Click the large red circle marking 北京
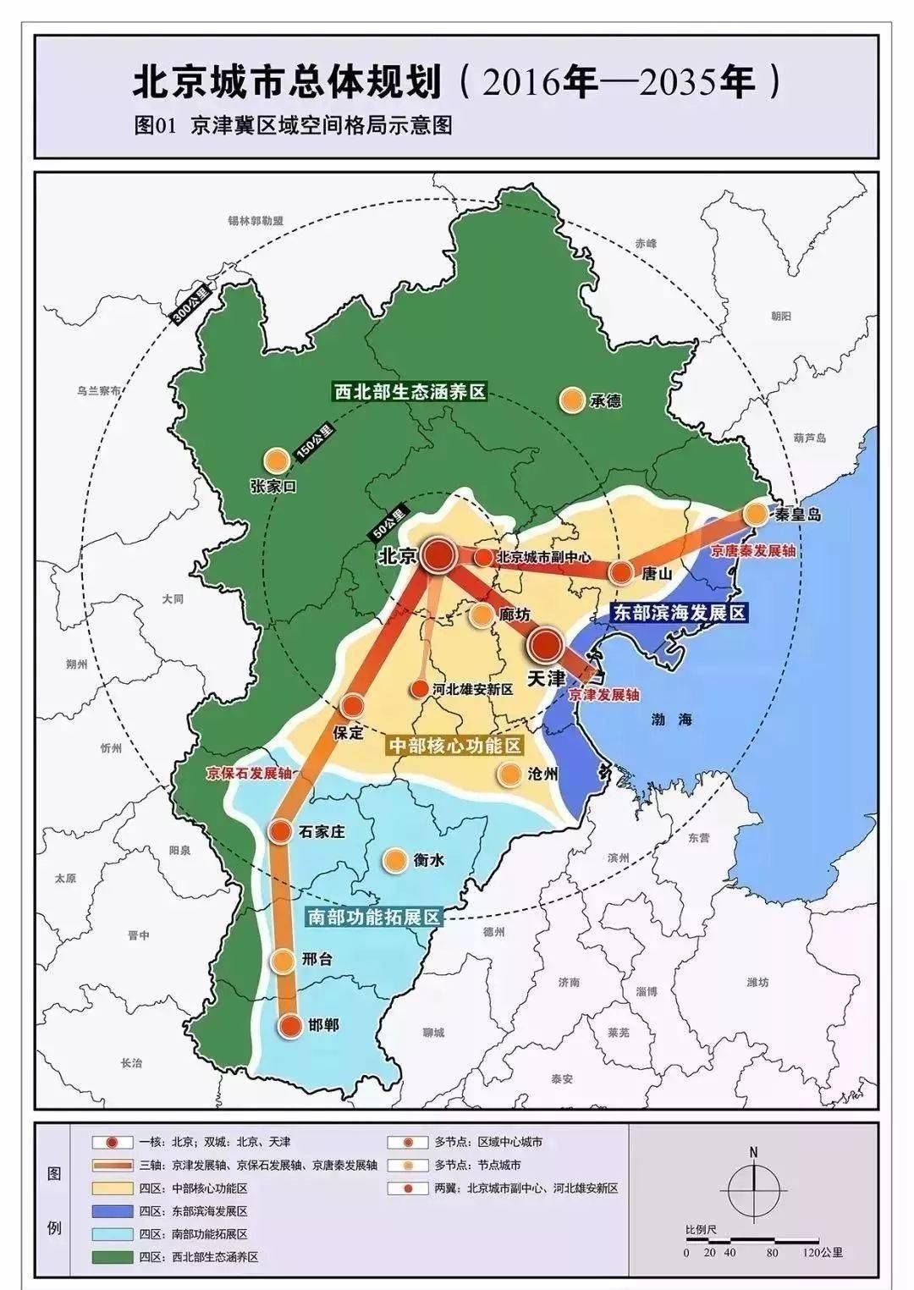[439, 555]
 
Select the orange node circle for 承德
[572, 399]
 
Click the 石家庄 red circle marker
[280, 831]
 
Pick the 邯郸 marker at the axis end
[290, 1025]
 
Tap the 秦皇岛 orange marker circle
[756, 514]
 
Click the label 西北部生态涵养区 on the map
[410, 393]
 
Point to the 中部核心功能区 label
[454, 745]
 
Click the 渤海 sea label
[672, 719]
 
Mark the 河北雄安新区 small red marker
[419, 689]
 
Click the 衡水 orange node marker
[394, 861]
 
